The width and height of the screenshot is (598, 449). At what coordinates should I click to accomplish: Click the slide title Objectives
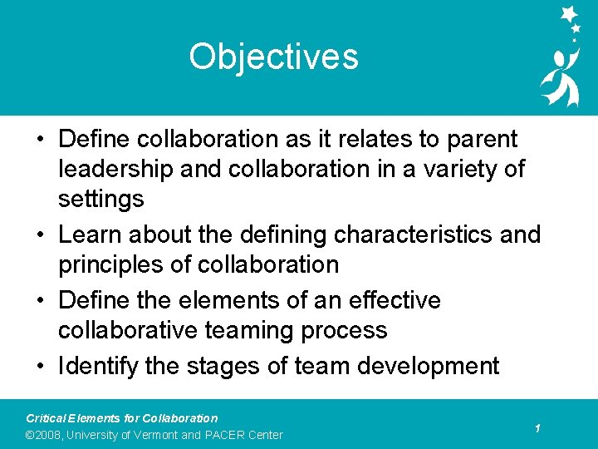[273, 57]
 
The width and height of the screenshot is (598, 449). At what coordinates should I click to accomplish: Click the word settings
[100, 199]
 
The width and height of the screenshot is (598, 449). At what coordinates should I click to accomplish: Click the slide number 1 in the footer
[538, 428]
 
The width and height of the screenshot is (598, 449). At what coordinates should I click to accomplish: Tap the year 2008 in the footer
[47, 435]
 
